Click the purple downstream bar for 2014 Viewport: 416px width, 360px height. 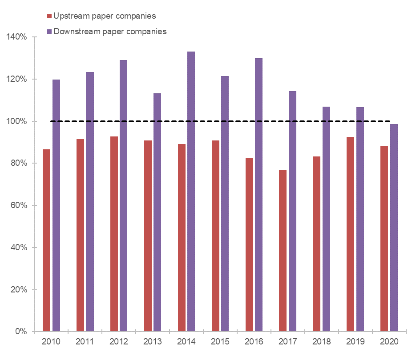coord(191,192)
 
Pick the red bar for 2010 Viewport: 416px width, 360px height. coord(47,240)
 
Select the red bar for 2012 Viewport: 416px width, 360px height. coord(114,234)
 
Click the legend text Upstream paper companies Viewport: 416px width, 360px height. coord(105,16)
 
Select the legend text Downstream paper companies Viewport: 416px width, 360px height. coord(110,31)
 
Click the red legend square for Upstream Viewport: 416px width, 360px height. coord(49,16)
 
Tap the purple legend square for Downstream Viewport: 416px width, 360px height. coord(49,32)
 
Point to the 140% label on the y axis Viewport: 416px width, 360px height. coord(17,37)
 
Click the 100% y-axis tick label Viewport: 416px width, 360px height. coord(17,121)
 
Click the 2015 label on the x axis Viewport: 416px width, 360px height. coord(220,342)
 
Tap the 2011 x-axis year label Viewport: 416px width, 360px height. coord(85,342)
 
